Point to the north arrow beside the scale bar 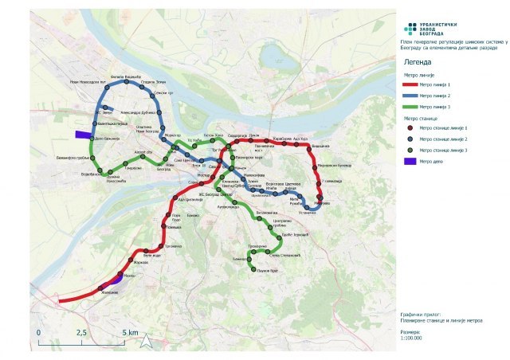point(147,340)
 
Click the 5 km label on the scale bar point(130,331)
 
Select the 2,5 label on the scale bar point(80,331)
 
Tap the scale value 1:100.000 point(411,338)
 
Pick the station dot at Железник point(101,287)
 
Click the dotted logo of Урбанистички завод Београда point(410,29)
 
